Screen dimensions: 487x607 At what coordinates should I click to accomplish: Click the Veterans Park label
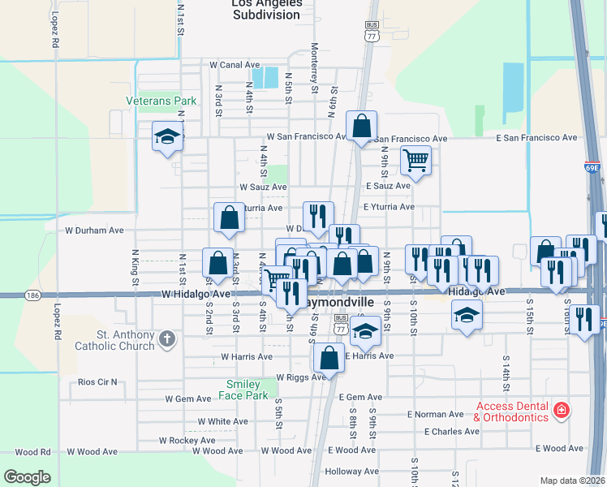tap(161, 101)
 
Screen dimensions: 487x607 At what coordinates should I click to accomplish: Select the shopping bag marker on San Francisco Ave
tap(362, 126)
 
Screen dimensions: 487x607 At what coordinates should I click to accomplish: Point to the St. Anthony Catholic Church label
tap(125, 341)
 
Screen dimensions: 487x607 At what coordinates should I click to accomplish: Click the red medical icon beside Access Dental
tap(560, 412)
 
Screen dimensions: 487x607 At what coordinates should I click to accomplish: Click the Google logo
tap(27, 477)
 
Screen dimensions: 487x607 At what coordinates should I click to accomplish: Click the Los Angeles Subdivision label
tap(267, 9)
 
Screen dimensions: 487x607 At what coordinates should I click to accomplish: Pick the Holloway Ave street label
tap(352, 471)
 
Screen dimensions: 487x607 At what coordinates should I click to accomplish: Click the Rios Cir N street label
tap(97, 381)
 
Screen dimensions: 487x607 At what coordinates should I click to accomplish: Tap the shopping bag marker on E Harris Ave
tap(329, 357)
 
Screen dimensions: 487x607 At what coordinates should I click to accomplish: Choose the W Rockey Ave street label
tap(187, 440)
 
